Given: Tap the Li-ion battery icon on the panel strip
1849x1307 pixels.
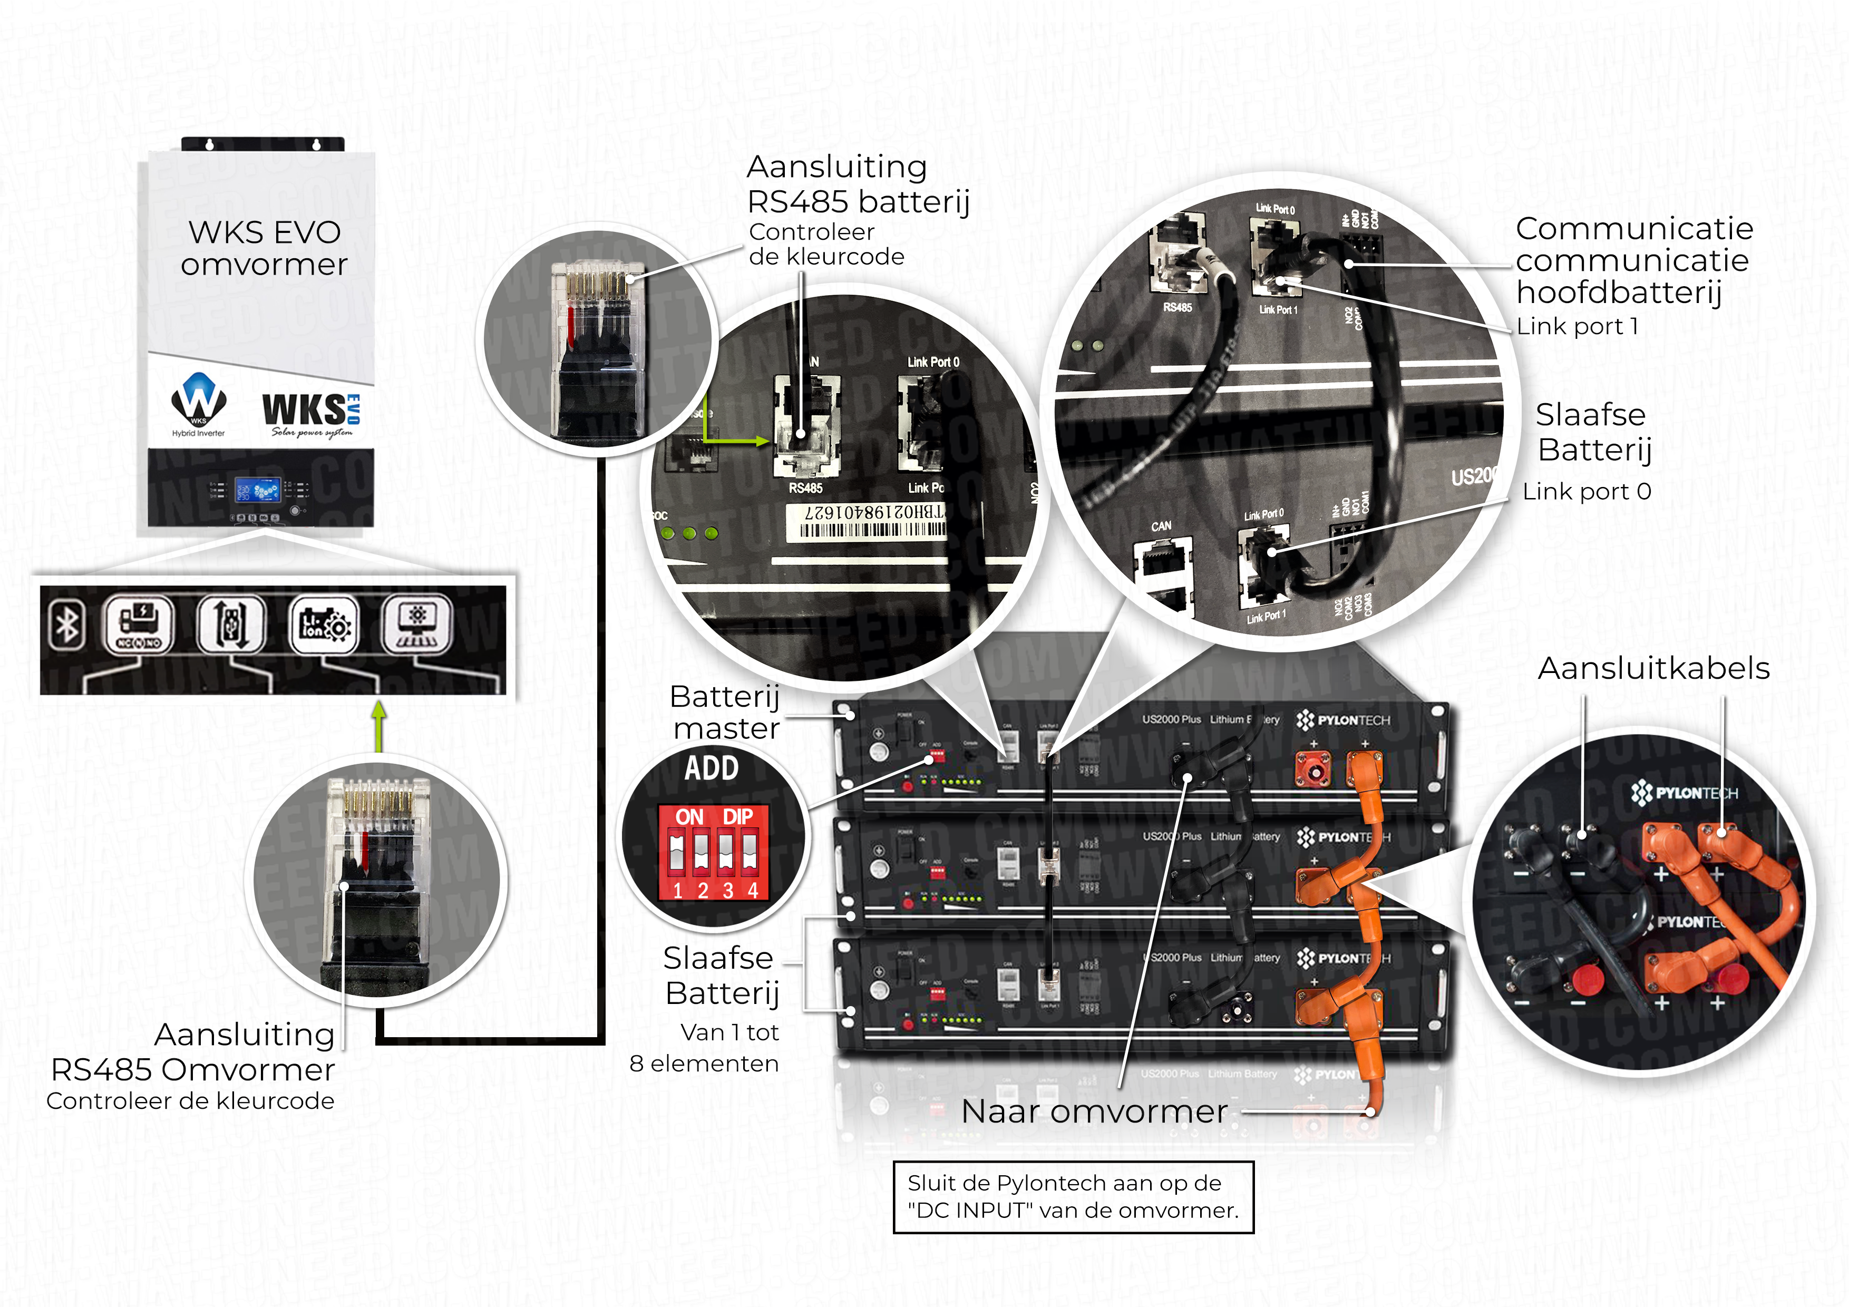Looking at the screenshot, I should point(324,624).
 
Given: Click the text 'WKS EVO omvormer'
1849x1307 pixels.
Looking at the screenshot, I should point(264,248).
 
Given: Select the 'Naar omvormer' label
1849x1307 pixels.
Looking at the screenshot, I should point(1094,1111).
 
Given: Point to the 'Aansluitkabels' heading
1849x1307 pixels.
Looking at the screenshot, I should point(1653,668).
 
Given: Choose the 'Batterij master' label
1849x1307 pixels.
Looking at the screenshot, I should point(725,712).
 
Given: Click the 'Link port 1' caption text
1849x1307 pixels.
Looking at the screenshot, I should point(1577,326).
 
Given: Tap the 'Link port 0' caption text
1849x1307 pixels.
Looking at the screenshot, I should point(1587,491).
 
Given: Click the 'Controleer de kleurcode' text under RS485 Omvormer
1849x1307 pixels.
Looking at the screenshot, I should point(190,1101).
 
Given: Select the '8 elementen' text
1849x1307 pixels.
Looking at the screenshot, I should point(704,1064).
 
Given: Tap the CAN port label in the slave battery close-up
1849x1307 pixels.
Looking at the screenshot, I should point(1161,526).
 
